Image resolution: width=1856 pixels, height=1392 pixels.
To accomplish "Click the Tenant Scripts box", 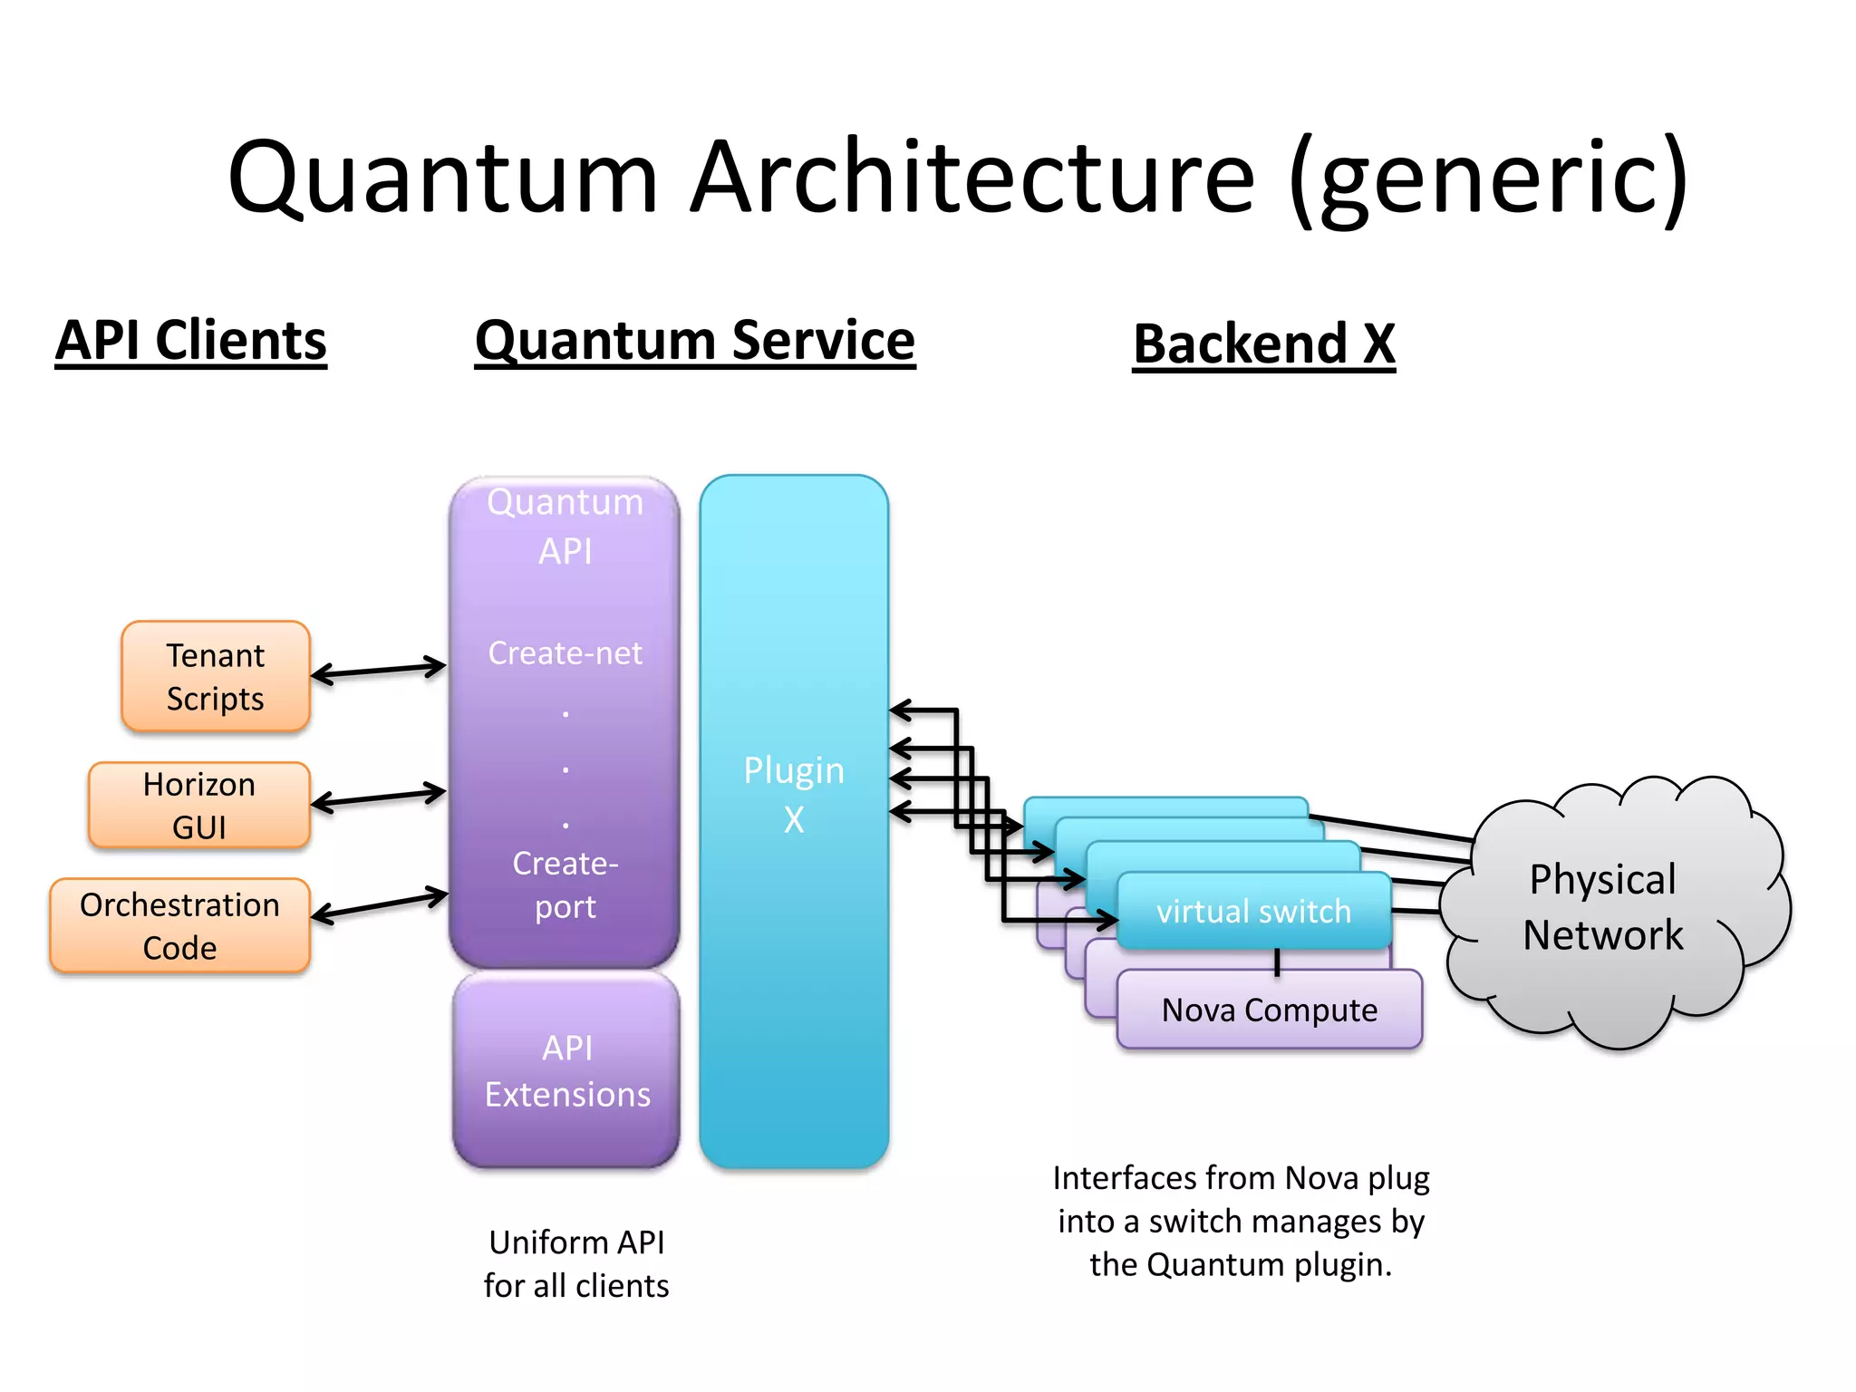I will tap(216, 677).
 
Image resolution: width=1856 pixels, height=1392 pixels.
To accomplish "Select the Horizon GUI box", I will tap(199, 806).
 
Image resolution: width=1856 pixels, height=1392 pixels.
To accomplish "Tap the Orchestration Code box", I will tap(179, 926).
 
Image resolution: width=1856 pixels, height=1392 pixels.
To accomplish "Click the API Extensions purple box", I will tap(567, 1071).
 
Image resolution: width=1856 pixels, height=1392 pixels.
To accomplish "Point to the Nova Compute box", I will tap(1269, 1010).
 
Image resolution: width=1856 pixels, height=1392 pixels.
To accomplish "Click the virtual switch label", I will tap(1253, 911).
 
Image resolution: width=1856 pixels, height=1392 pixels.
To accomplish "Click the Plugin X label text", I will tap(794, 794).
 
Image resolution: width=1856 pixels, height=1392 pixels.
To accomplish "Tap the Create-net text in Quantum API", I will tap(565, 652).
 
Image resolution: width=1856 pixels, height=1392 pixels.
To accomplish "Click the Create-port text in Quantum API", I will tap(565, 884).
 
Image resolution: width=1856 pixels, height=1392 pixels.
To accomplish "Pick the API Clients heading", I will tap(191, 341).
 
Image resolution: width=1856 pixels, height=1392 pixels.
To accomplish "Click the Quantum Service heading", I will tap(695, 341).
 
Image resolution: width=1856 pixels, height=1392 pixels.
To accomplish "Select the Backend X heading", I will tap(1264, 344).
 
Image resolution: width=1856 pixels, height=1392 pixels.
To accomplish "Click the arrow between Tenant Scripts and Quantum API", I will tap(379, 671).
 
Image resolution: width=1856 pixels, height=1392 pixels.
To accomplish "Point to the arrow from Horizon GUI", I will tap(379, 797).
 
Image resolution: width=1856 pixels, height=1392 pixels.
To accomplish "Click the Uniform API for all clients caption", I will tap(576, 1263).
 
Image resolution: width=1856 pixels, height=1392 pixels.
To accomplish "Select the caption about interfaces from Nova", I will tap(1241, 1221).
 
